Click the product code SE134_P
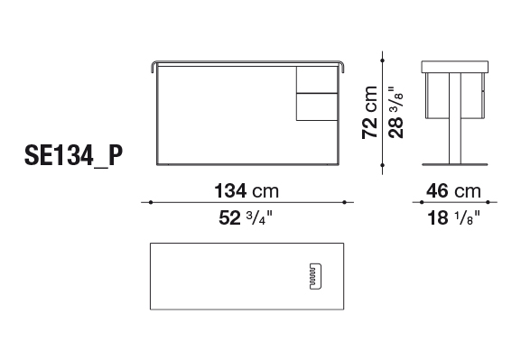[x=73, y=155]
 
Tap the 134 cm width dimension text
[x=247, y=190]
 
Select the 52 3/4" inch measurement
[x=246, y=217]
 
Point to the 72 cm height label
[x=369, y=112]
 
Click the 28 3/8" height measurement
[x=396, y=112]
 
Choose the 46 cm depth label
[x=453, y=191]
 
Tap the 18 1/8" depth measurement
[x=453, y=217]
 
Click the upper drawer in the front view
[x=317, y=79]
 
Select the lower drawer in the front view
[x=317, y=106]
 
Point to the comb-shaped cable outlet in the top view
[x=316, y=276]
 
